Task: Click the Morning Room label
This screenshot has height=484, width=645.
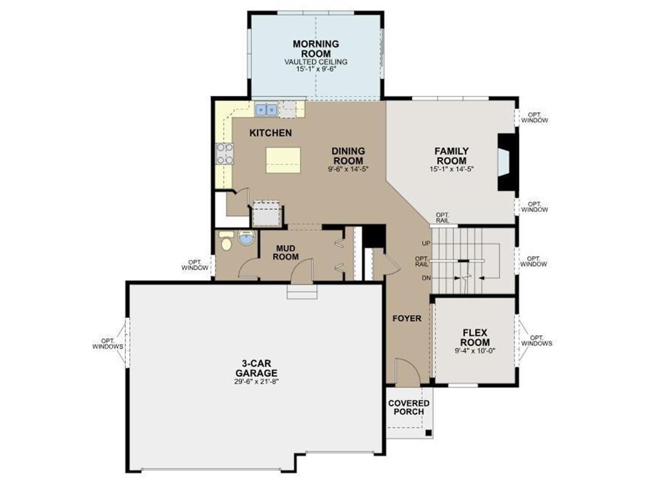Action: point(316,49)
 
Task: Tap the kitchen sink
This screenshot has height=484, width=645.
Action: point(266,110)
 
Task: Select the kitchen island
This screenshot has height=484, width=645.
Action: point(283,160)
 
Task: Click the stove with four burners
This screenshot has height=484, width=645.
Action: point(225,154)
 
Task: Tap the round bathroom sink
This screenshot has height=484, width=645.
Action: point(246,238)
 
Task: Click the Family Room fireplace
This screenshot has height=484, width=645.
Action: point(506,162)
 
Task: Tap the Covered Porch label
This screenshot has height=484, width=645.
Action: point(409,408)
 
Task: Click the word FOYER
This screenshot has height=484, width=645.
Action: point(407,318)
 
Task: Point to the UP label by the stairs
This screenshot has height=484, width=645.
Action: point(426,243)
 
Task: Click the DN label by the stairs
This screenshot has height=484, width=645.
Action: point(426,278)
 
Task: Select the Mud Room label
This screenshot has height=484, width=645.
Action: point(287,252)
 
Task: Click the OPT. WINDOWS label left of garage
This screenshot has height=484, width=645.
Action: point(108,343)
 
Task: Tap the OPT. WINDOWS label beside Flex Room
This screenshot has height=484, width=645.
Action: point(537,340)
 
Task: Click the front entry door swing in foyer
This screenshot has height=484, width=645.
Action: point(408,372)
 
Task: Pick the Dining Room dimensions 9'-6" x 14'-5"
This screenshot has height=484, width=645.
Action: point(348,168)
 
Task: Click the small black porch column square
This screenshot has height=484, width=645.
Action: point(428,432)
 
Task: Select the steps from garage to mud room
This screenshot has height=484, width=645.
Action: point(302,292)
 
